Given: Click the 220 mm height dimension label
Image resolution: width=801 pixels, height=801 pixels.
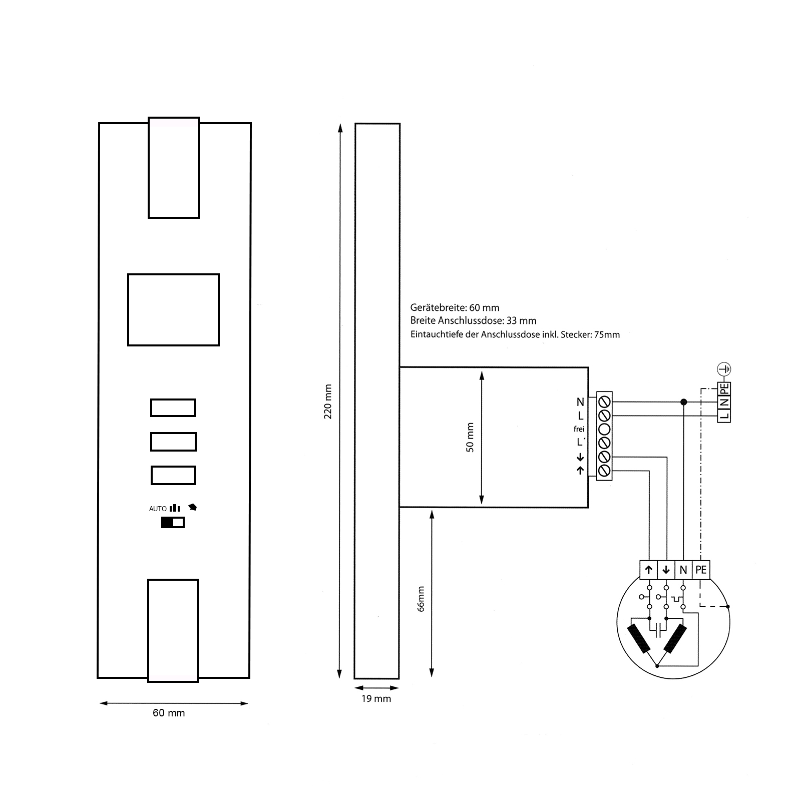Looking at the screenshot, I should point(328,402).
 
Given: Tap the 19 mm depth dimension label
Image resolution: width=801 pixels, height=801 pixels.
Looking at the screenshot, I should point(376,698).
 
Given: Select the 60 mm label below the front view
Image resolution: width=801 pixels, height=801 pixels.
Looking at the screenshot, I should point(169,712).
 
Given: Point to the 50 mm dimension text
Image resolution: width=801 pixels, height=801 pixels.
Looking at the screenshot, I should point(470,438).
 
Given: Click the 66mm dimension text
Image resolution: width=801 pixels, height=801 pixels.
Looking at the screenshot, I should point(421,599).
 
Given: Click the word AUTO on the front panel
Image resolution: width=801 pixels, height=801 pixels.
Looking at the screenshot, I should point(158,509).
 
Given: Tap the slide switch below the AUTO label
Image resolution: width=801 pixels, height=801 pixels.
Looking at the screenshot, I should point(173,523).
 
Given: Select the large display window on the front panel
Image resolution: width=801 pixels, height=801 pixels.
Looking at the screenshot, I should point(173,309).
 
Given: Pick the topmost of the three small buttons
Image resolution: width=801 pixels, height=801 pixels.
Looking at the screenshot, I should point(173,408).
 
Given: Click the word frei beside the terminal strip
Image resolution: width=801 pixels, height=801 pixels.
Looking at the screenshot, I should point(579,429).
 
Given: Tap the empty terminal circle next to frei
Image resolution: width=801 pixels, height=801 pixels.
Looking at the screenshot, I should point(604,429).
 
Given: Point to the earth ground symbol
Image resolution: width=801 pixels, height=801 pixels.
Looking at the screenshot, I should point(724,369).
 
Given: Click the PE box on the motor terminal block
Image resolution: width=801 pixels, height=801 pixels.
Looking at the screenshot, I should point(701,570).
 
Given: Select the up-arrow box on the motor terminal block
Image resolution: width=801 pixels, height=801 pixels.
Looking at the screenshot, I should point(649,570).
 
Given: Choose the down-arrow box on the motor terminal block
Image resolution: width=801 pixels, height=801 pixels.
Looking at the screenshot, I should point(666,570).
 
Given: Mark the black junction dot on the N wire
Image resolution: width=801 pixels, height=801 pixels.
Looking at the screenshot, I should point(683,402).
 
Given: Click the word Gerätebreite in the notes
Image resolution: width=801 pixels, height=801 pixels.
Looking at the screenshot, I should point(438,308).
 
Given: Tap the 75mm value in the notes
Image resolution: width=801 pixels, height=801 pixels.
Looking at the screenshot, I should point(607,334).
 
